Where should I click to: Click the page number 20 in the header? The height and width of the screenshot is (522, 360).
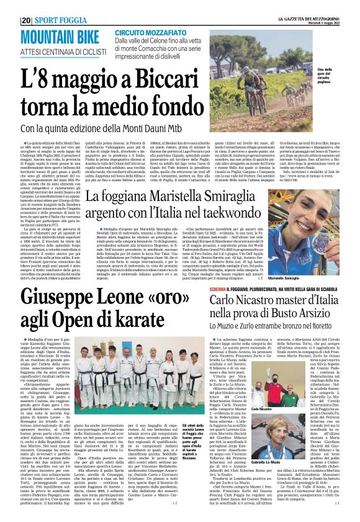click(26, 20)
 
